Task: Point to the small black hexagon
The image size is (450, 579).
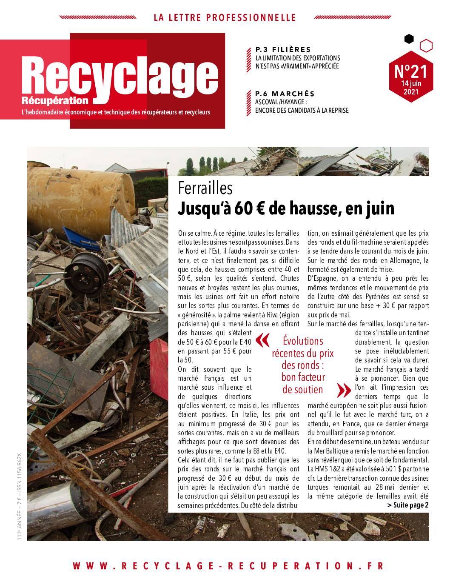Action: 409,39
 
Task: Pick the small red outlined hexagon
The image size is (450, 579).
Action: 426,46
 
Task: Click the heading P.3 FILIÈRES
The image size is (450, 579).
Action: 283,50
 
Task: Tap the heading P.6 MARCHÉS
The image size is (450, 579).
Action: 285,94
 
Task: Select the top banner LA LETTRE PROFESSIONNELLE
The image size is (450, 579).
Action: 225,17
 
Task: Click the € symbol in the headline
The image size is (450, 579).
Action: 274,208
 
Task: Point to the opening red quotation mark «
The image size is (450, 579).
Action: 263,340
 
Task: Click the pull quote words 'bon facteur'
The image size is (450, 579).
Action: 303,377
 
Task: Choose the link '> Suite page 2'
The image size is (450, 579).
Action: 407,505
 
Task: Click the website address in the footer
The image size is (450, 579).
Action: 228,565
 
